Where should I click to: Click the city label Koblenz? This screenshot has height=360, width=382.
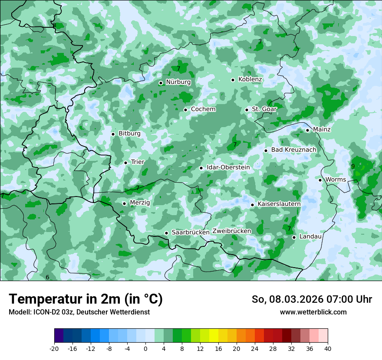pos(250,79)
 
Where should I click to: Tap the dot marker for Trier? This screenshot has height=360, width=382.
pos(125,163)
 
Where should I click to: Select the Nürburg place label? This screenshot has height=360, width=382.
pos(178,82)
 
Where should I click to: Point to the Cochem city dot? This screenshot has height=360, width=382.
pos(185,110)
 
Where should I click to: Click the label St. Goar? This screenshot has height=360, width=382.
pos(264,109)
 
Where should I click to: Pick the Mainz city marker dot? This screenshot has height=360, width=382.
pos(307,130)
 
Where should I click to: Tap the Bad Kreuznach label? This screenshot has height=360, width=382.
pos(293,150)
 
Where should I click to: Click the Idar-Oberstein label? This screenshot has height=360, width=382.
pos(228,167)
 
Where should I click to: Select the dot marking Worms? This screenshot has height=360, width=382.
pos(320,180)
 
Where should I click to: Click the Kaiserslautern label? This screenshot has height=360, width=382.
pos(279,204)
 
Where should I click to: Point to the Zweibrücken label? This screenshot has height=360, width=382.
pos(231,231)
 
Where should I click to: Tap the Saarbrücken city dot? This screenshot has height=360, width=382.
pos(166,233)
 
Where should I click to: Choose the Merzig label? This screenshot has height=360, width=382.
pos(140,203)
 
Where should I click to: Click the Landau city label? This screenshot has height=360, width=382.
pos(310,236)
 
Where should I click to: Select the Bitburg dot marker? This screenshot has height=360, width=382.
pos(113,134)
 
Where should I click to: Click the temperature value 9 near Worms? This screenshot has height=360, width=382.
pos(353,166)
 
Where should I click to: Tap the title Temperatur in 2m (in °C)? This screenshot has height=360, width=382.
pos(86,299)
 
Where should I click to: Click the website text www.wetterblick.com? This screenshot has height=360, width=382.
pos(313,312)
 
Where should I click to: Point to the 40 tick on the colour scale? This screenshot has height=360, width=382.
pos(327,349)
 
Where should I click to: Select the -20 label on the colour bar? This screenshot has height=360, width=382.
pos(54,349)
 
